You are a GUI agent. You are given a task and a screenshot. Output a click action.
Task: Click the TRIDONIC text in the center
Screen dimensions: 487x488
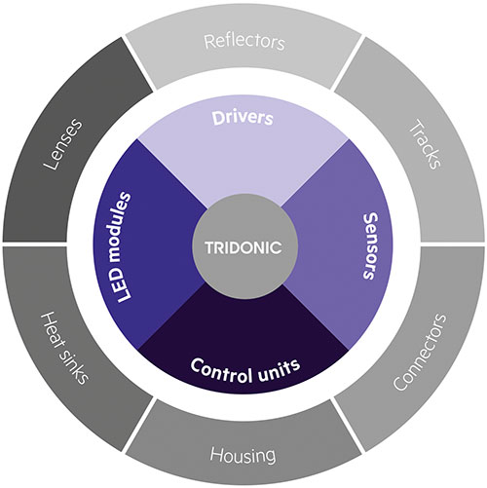(243, 247)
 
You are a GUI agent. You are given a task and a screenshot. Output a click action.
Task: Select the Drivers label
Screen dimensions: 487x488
(243, 118)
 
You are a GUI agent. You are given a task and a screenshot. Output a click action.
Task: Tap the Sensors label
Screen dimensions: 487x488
(370, 246)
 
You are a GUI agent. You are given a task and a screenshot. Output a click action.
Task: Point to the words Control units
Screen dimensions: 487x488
(245, 370)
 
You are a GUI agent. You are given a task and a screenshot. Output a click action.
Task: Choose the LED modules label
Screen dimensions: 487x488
(120, 247)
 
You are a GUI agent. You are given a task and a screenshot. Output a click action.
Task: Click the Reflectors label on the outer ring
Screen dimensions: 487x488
(244, 42)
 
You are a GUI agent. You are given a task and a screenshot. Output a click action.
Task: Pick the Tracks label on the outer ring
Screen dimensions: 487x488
(426, 144)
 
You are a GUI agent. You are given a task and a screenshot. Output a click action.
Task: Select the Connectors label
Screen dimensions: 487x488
(419, 352)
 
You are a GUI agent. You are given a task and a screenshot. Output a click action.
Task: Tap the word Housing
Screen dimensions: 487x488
(243, 455)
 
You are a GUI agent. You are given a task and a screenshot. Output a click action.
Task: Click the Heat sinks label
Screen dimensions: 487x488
(64, 348)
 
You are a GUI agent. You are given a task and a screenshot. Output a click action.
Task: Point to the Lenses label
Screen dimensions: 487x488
(62, 144)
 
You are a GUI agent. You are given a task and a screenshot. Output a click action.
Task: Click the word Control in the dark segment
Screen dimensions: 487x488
(221, 371)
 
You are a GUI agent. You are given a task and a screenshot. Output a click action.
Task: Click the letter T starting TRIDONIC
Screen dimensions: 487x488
(209, 247)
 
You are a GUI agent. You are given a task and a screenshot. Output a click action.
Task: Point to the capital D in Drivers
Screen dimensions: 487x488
(217, 118)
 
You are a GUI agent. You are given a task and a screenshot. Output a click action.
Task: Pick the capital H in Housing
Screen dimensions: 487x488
(216, 454)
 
